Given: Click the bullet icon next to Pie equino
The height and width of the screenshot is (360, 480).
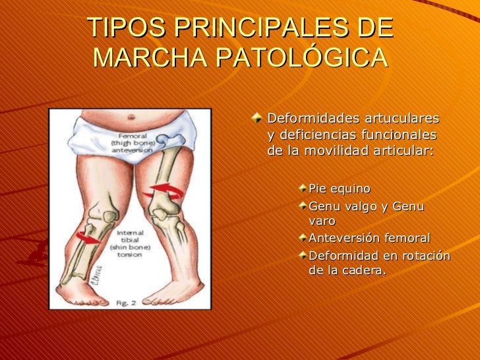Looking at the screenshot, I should [302, 189].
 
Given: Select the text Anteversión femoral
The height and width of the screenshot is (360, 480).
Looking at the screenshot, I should [369, 237].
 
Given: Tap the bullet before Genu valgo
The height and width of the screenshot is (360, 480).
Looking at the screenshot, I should [302, 206].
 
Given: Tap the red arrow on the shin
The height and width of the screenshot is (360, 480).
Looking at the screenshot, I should [86, 237].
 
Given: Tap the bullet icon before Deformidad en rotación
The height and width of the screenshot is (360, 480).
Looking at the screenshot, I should [302, 254].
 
